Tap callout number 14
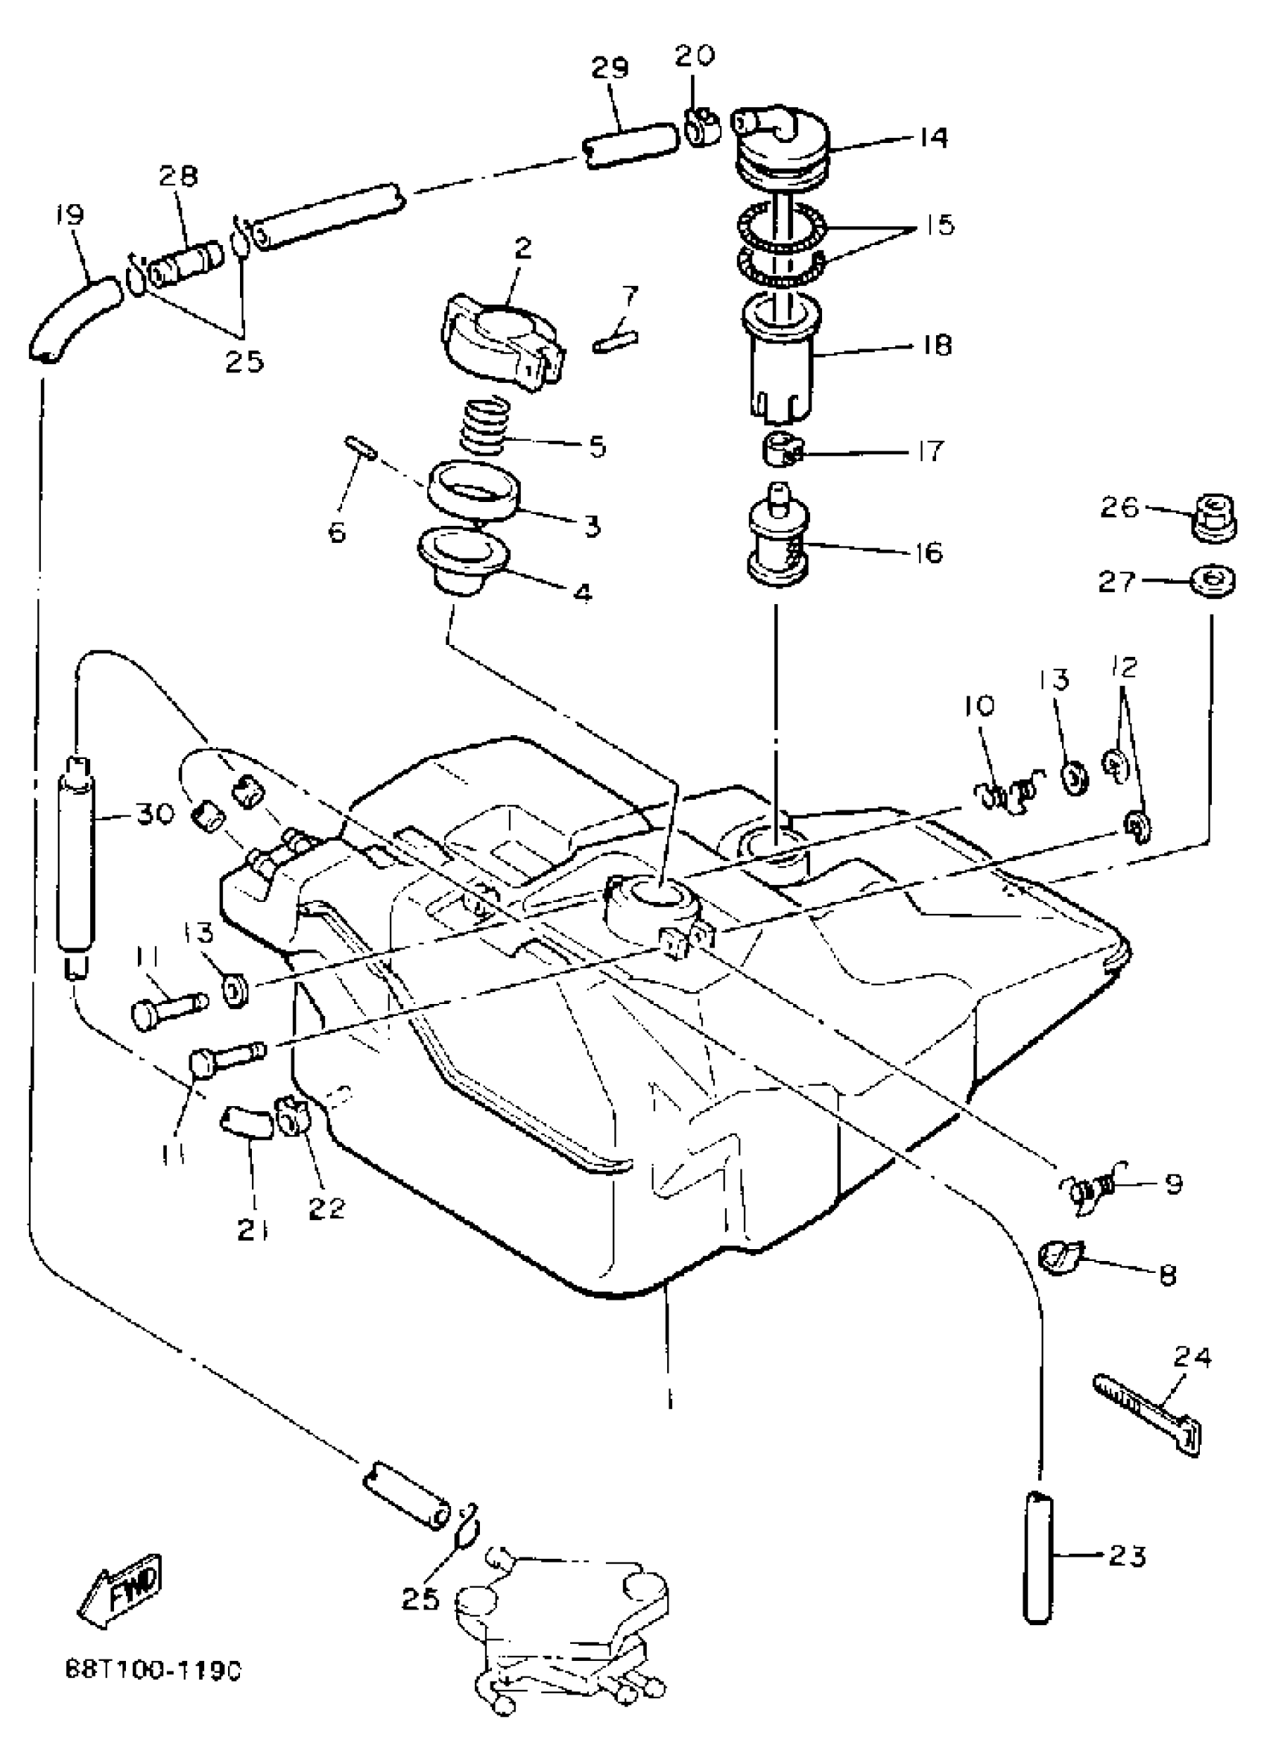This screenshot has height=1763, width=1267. [x=931, y=139]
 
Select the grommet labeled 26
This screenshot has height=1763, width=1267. [x=1214, y=517]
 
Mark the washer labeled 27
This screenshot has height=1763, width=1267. [x=1214, y=581]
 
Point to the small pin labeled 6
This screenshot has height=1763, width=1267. [x=361, y=448]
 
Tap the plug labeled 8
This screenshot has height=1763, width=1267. [x=1059, y=1253]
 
